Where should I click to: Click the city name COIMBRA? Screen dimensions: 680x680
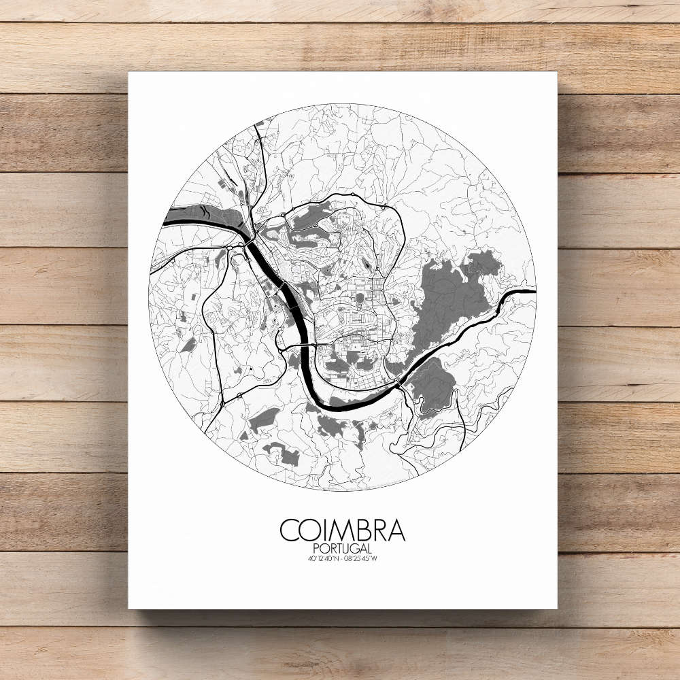[342, 530]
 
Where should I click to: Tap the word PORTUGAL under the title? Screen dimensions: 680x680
[342, 548]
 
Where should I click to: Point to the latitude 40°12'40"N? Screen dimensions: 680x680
[321, 559]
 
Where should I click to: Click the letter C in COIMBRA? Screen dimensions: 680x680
[289, 530]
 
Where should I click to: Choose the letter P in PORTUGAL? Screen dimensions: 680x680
[317, 548]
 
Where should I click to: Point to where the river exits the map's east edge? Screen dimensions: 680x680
[533, 291]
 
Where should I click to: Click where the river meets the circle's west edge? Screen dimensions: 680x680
[166, 220]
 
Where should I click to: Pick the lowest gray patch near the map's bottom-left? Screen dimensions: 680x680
[280, 454]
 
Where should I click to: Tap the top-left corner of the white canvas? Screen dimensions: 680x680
[129, 72]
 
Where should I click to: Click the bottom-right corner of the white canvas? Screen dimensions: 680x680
[556, 608]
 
